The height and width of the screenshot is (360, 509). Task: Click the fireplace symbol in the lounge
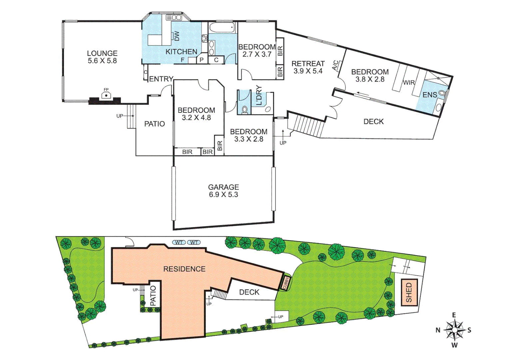tap(106, 95)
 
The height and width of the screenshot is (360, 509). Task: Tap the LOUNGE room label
tap(102, 53)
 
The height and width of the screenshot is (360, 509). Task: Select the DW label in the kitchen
tap(177, 36)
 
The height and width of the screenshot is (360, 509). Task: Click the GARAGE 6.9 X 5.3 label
tap(224, 191)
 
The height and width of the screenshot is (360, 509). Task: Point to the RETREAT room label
tap(308, 64)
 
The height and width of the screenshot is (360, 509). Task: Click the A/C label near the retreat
tap(336, 65)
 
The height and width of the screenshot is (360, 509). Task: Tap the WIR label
tap(409, 83)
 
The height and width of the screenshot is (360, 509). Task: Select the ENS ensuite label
tap(429, 95)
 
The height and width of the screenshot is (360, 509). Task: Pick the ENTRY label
tap(161, 79)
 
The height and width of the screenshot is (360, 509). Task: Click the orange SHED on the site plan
tap(409, 292)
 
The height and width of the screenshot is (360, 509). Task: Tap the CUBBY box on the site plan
tap(286, 283)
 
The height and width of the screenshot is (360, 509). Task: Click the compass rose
tap(454, 330)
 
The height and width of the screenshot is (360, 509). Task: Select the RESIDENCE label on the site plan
tap(184, 269)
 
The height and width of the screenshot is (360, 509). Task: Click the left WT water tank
tap(179, 242)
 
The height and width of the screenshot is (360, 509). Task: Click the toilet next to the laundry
tap(245, 109)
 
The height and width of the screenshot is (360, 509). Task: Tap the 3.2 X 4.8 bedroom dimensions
tap(196, 118)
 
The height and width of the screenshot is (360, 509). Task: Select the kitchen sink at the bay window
tap(174, 17)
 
